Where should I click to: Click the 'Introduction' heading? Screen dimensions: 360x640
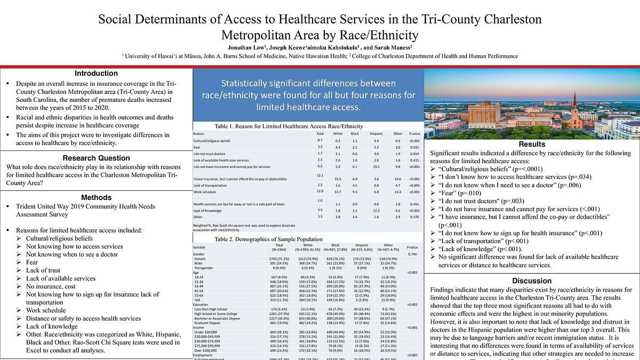click(96, 74)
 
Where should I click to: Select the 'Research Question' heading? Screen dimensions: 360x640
click(96, 158)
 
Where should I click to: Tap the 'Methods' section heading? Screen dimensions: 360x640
click(96, 198)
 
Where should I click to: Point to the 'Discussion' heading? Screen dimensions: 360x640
click(532, 281)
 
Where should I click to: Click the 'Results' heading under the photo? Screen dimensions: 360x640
click(532, 144)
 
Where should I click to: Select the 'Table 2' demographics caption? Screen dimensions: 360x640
click(269, 239)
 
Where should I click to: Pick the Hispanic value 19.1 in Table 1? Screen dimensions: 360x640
click(376, 166)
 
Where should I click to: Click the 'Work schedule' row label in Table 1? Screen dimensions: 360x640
click(205, 191)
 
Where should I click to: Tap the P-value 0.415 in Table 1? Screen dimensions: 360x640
click(414, 160)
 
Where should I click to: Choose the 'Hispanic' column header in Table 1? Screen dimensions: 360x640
click(376, 133)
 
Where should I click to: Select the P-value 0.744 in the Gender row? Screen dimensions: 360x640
click(412, 254)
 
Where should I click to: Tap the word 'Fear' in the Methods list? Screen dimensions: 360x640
click(32, 262)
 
